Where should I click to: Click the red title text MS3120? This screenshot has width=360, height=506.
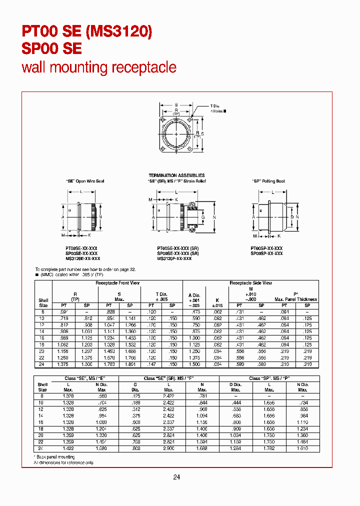[x=119, y=32]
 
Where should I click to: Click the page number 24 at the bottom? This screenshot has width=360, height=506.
[x=176, y=477]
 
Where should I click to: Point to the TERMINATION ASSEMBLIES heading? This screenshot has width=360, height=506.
[x=176, y=175]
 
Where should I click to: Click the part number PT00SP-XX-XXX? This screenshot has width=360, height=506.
[x=266, y=248]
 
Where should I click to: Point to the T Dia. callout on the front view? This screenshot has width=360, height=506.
[x=215, y=106]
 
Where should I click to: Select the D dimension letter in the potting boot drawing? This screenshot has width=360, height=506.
[x=292, y=217]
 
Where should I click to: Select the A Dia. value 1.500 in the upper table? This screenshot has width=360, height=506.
[x=193, y=364]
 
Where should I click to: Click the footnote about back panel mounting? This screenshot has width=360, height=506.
[x=56, y=457]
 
